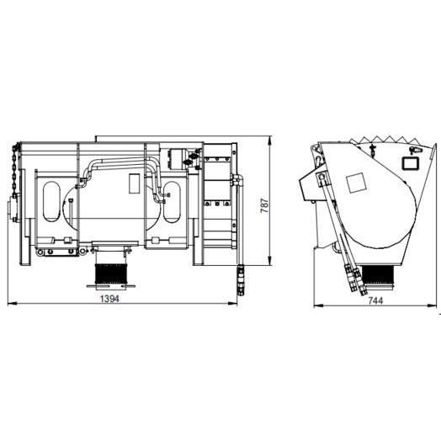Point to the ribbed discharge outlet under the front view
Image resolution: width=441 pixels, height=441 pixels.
pos(110,274)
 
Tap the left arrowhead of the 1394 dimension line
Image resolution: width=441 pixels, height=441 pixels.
pos(10,304)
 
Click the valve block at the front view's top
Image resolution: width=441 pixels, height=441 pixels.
pos(180,157)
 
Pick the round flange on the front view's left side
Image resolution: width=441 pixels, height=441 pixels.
pos(14,207)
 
